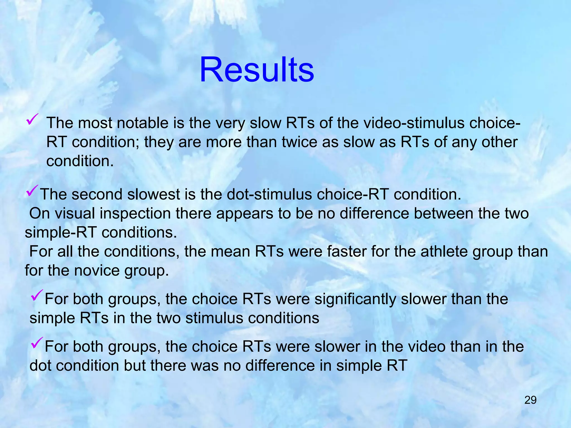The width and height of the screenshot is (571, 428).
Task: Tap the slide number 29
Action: pos(530,400)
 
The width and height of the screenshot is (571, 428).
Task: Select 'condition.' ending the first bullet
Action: pos(80,161)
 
